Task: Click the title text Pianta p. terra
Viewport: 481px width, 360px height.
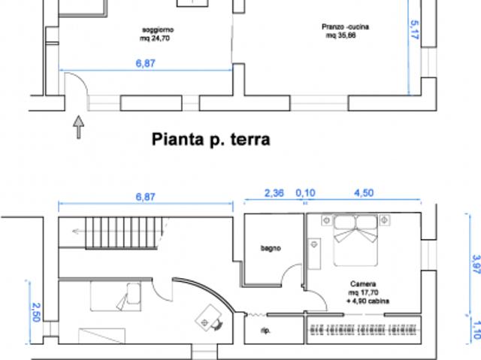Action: click(x=210, y=139)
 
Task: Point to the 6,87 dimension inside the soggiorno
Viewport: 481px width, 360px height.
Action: click(x=145, y=63)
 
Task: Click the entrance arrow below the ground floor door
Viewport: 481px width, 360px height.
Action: click(x=78, y=127)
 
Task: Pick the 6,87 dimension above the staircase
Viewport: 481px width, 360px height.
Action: click(x=145, y=196)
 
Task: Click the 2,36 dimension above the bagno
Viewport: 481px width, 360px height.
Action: click(x=274, y=193)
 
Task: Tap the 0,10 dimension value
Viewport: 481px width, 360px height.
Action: click(x=305, y=193)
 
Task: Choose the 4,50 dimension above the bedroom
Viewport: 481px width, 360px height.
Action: click(x=363, y=193)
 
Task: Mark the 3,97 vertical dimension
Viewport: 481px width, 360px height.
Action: click(x=475, y=265)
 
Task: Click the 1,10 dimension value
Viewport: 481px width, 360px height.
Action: click(x=475, y=328)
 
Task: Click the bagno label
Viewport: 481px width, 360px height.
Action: click(x=271, y=248)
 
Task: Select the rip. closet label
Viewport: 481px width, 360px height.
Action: click(x=265, y=330)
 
